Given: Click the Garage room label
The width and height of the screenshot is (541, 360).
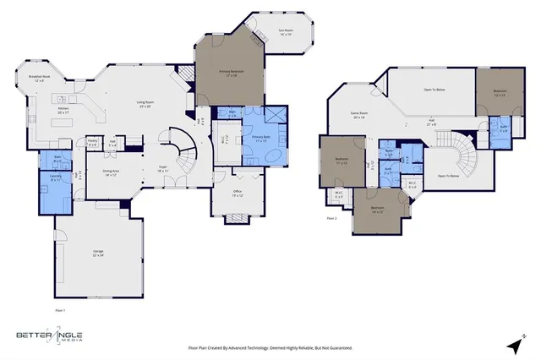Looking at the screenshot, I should pos(86,254).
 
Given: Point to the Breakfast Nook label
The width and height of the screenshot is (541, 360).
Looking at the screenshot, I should pos(41,79).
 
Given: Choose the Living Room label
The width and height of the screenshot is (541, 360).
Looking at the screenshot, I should pos(145,105).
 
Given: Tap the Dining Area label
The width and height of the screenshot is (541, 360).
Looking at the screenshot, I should pos(111,172).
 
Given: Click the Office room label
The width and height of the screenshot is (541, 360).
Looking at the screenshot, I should pos(238,194).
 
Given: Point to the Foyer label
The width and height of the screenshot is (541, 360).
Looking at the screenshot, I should pos(161,169).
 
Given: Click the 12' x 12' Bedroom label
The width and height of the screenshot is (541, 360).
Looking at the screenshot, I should pos(500,92).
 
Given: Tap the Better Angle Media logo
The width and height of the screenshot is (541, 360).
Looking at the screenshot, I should pos(49,336).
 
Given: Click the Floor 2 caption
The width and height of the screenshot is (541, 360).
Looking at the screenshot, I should pos(332,217).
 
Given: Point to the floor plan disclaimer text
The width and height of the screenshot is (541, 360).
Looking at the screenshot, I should pos(270,347).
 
